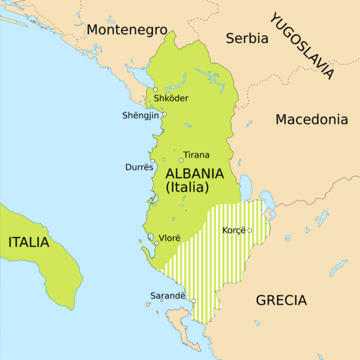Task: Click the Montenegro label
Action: (126, 29)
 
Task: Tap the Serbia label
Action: (247, 37)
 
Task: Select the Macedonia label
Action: (311, 118)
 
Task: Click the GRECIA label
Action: (281, 300)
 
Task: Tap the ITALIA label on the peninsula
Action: (28, 242)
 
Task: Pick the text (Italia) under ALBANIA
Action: (187, 187)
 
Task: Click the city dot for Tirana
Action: (181, 160)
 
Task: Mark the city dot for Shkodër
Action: (155, 90)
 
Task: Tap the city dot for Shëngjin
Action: (164, 115)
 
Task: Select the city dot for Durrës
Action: (152, 161)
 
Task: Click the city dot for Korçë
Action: (250, 230)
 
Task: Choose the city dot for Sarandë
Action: (193, 301)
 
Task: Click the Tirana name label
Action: (197, 155)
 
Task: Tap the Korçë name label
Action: (234, 230)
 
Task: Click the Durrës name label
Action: (138, 167)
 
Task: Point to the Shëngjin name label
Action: (140, 115)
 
